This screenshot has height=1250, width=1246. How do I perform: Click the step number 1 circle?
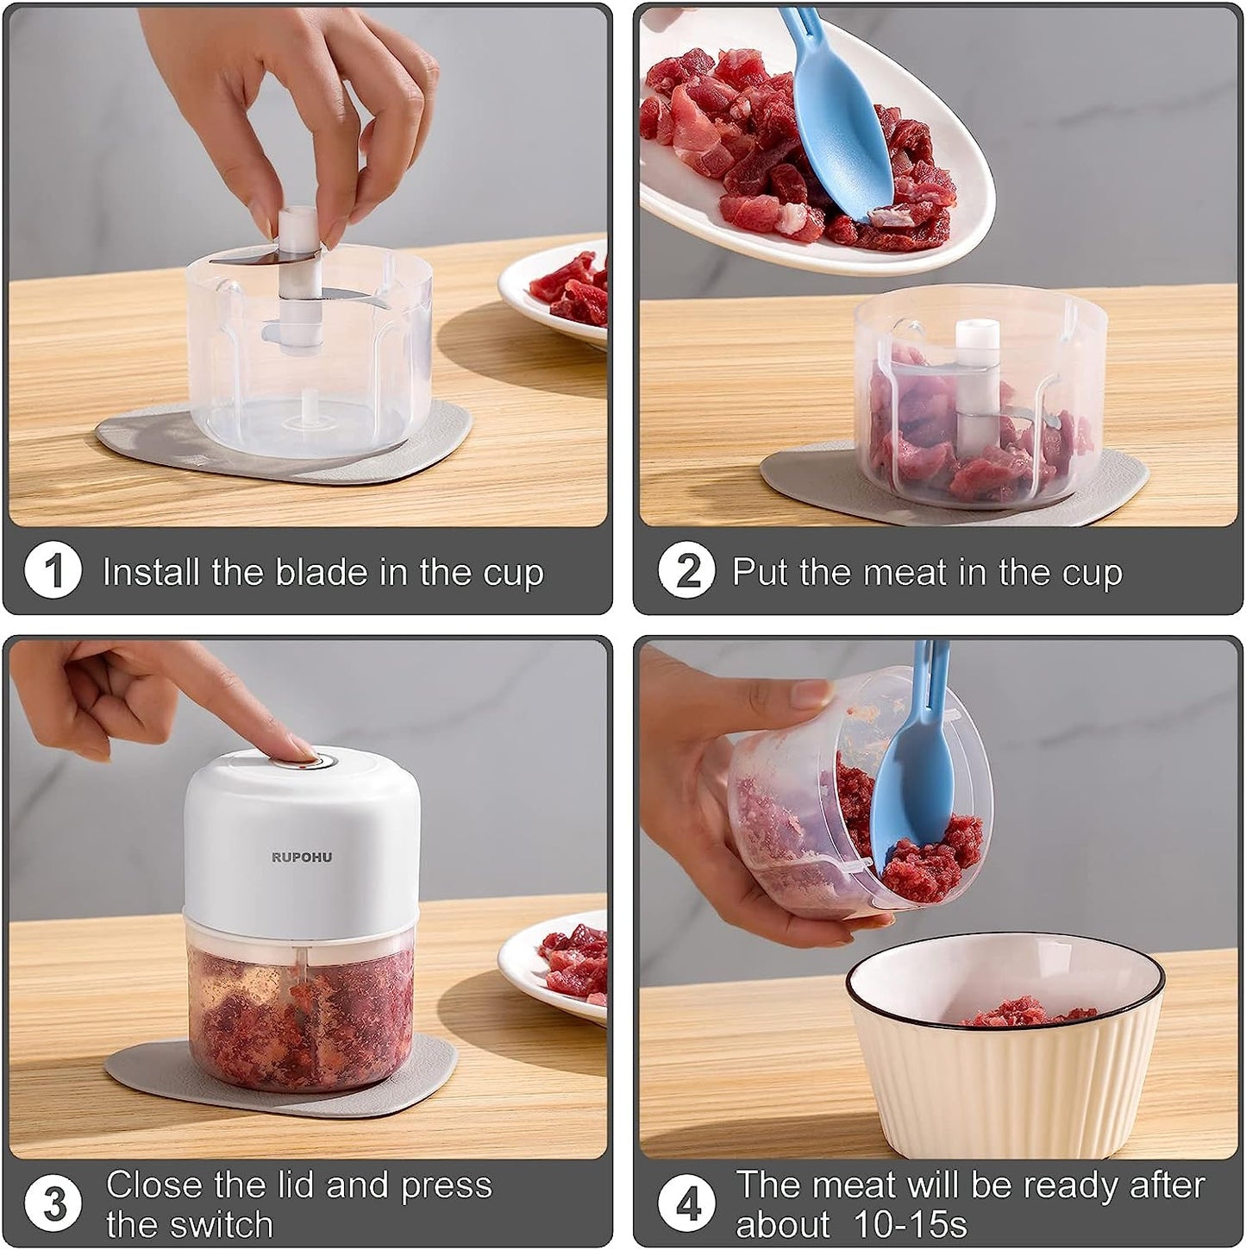[53, 571]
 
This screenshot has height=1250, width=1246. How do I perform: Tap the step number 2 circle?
[687, 571]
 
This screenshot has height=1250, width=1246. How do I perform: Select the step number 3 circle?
[53, 1203]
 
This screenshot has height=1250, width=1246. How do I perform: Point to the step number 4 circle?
[687, 1203]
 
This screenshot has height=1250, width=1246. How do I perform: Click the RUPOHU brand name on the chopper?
[302, 857]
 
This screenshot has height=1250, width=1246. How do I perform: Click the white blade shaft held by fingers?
[300, 280]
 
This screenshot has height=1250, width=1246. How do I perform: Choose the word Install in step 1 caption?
[151, 572]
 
